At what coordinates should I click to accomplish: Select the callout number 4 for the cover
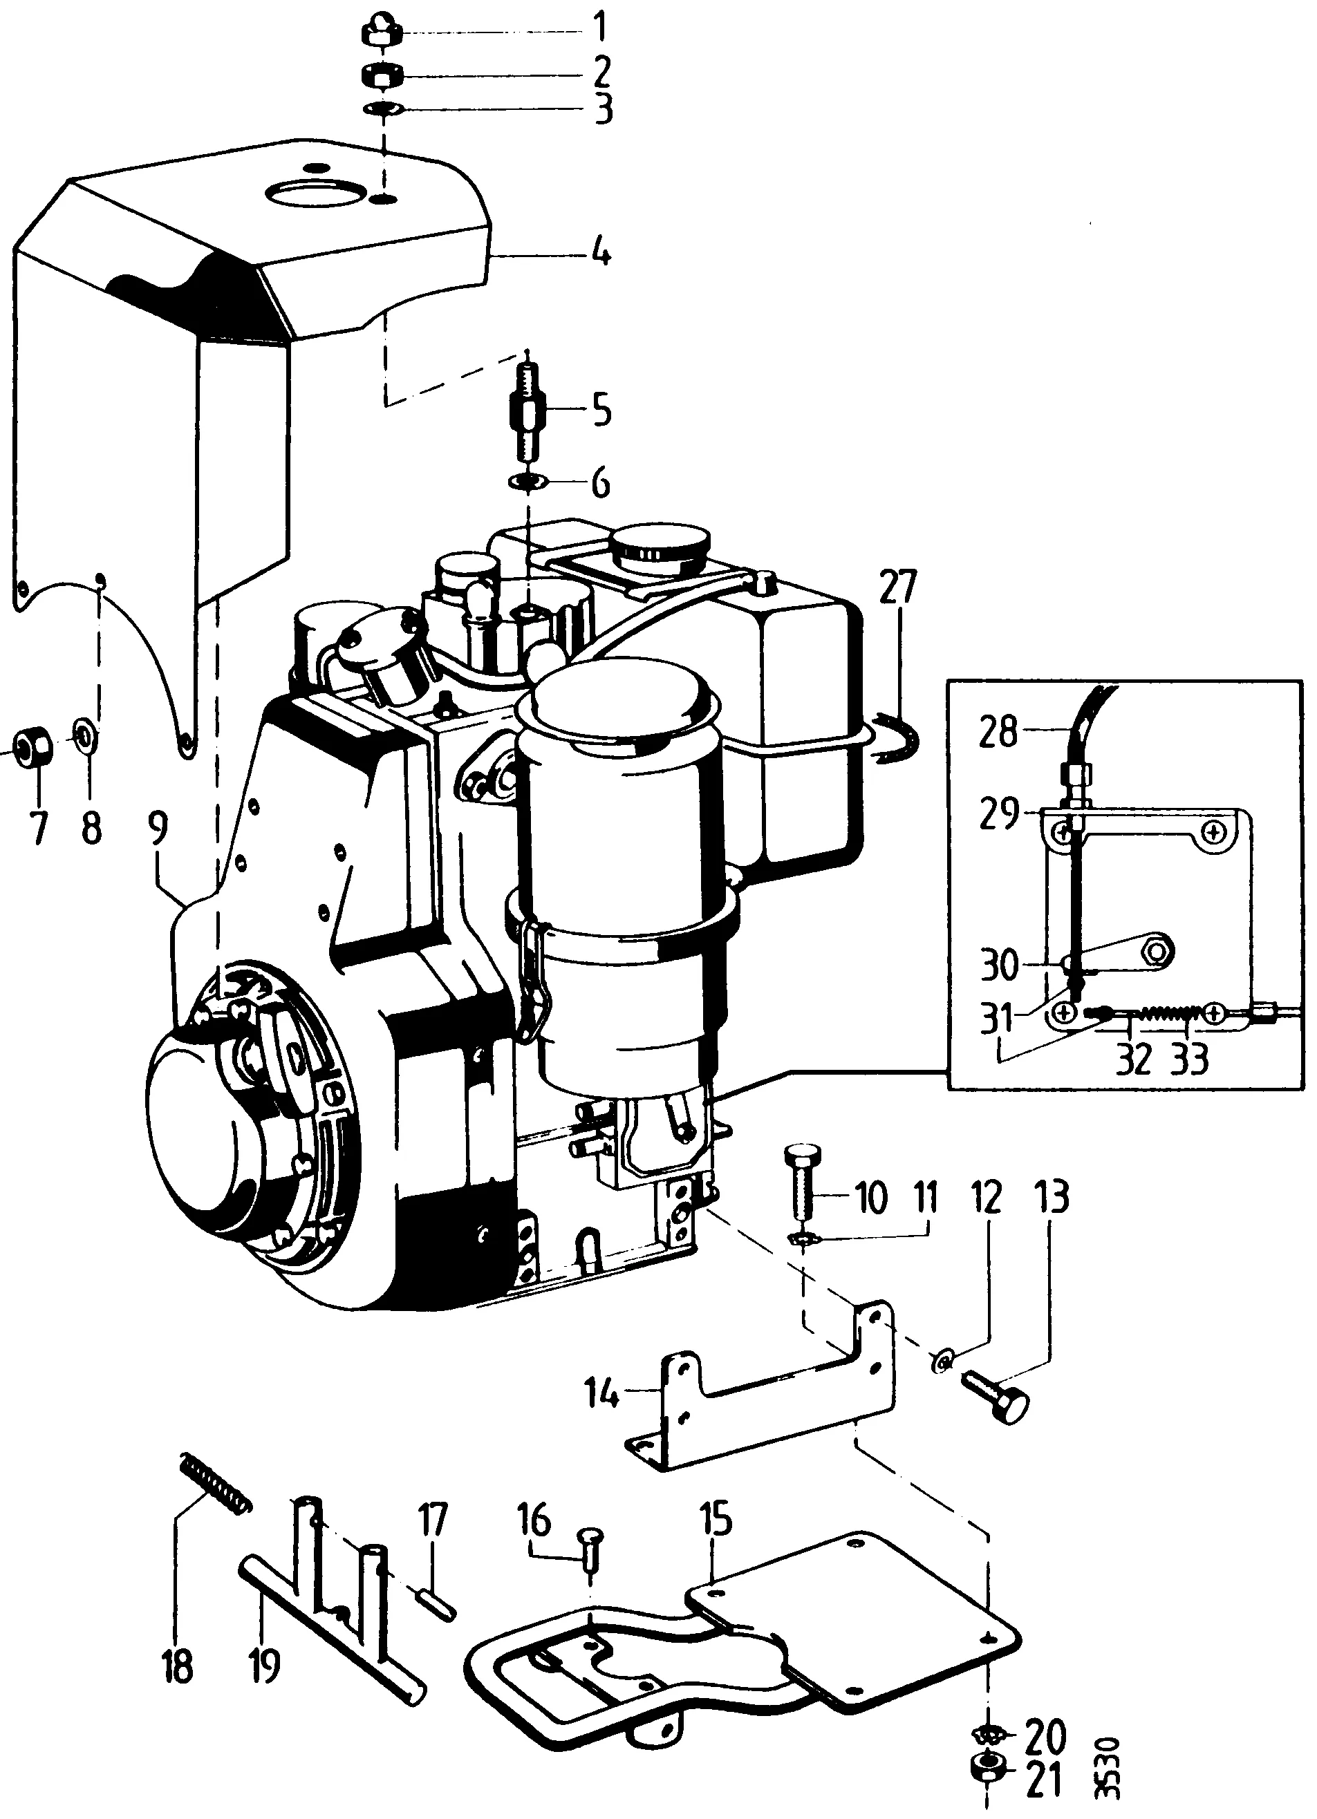tap(601, 255)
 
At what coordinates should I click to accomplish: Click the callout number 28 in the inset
tap(997, 731)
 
